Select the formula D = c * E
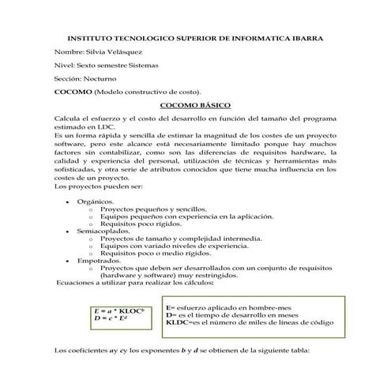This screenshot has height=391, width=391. tap(110, 318)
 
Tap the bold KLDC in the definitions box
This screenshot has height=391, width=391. tap(179, 322)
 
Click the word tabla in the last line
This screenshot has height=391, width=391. tap(312, 350)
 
